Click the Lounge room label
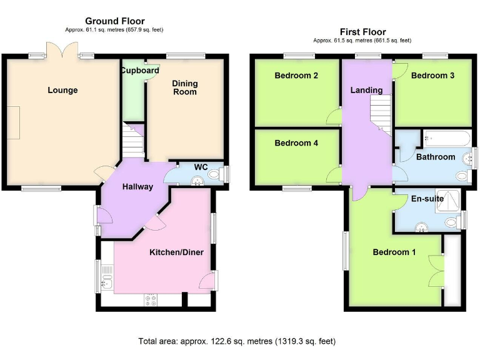point(62,90)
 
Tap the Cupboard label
point(140,71)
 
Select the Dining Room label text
point(184,87)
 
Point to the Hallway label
point(137,186)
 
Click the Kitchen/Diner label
point(174,252)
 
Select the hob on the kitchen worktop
point(151,300)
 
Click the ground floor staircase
point(132,143)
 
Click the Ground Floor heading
point(114,21)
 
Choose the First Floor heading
point(362,31)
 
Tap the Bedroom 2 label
point(296,76)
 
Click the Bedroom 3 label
point(432,76)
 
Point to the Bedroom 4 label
point(296,143)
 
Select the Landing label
point(366,90)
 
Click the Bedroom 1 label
point(394,252)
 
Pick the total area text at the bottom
point(237,341)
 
